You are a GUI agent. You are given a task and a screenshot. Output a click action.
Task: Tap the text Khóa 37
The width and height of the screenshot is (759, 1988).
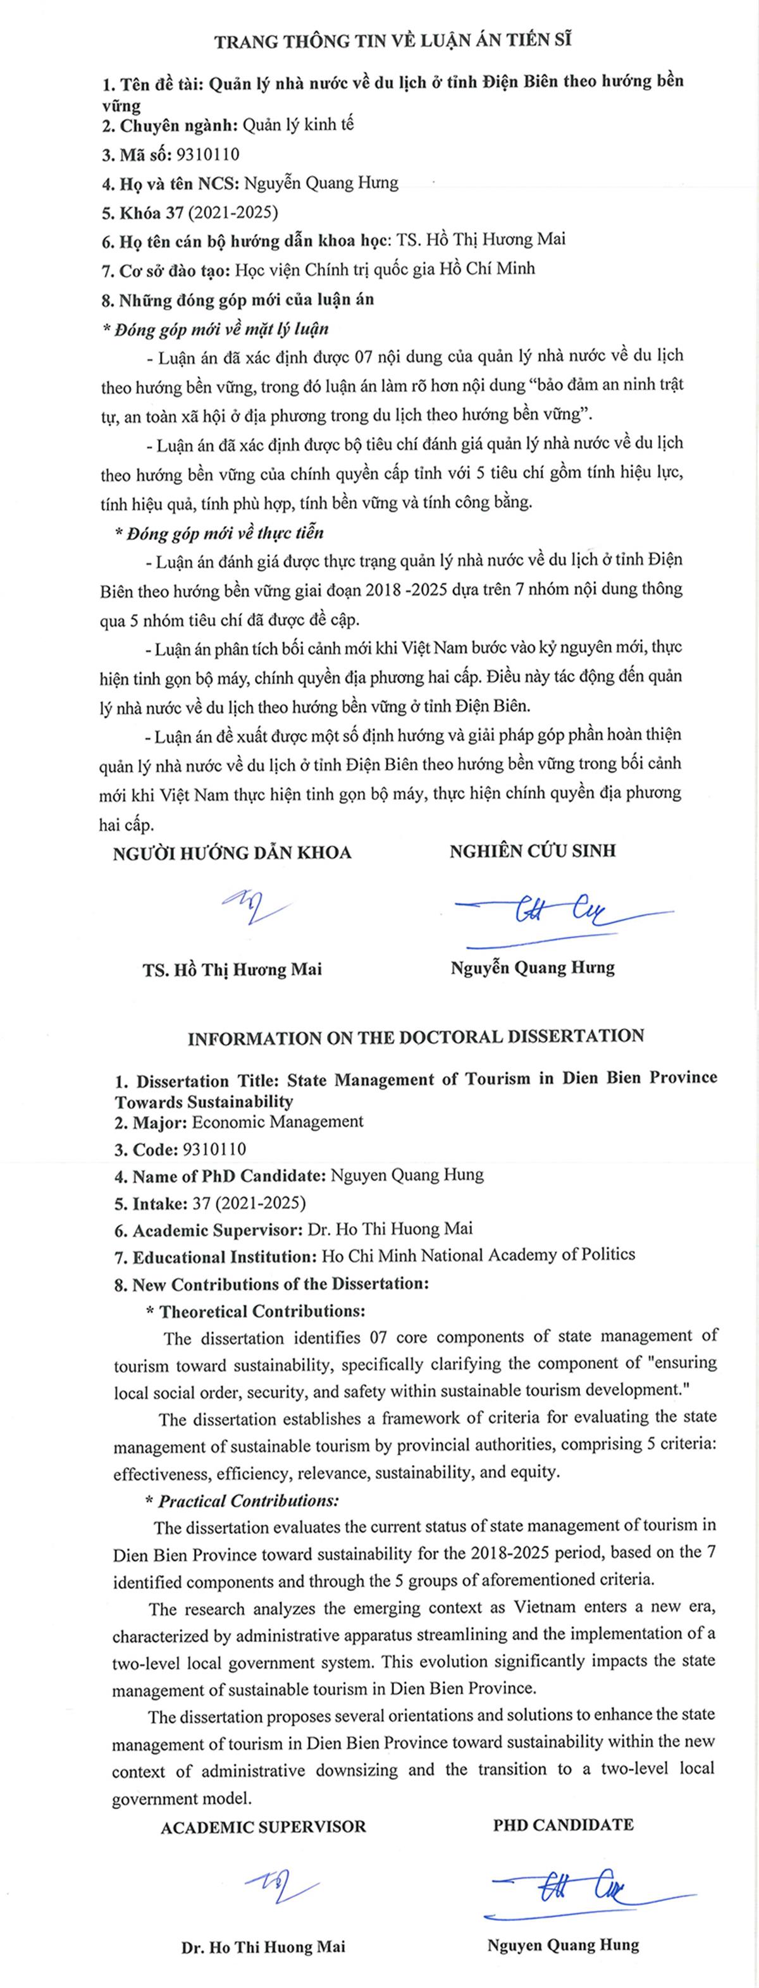[x=150, y=211]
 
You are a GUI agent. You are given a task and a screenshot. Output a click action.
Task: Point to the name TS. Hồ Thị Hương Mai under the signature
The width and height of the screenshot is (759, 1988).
[x=231, y=969]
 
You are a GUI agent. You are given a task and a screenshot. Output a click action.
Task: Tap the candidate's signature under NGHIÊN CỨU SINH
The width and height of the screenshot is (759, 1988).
[x=556, y=914]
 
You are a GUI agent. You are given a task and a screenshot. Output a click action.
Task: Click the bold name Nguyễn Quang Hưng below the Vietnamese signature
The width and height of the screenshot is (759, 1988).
[x=533, y=968]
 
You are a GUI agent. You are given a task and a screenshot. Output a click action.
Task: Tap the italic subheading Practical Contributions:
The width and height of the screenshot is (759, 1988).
[x=248, y=1501]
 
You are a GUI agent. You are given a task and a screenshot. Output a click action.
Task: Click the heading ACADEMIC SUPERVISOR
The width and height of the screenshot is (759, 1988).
[x=263, y=1827]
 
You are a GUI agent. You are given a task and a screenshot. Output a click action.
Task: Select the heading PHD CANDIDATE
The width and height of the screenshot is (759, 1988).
[x=564, y=1825]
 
